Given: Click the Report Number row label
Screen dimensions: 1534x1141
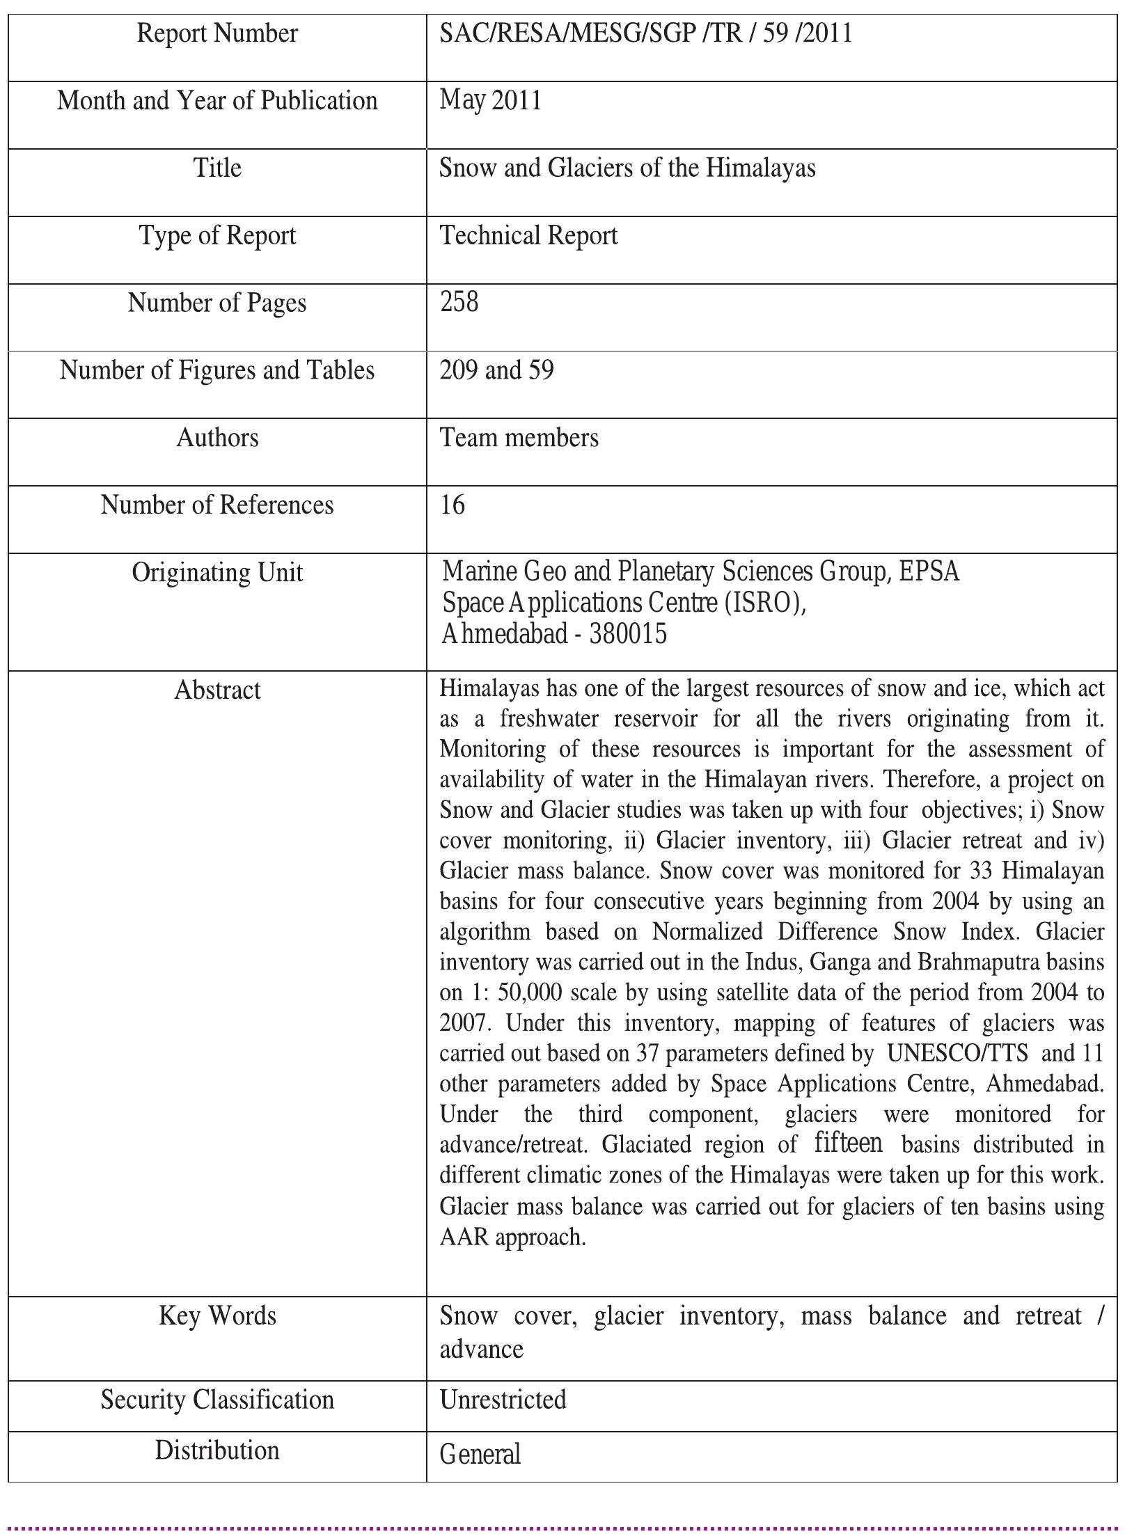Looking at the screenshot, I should pyautogui.click(x=217, y=33).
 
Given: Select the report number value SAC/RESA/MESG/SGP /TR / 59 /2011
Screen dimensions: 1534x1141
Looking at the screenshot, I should pyautogui.click(x=645, y=33).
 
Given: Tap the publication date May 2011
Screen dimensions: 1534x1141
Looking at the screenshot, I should pyautogui.click(x=491, y=101).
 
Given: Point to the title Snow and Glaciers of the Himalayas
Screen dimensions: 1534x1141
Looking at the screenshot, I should pyautogui.click(x=627, y=168).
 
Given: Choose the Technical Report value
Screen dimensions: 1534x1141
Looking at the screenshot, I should pyautogui.click(x=528, y=236).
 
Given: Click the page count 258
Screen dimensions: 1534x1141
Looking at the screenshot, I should pyautogui.click(x=459, y=302).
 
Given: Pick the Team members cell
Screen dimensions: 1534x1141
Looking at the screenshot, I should pyautogui.click(x=519, y=438).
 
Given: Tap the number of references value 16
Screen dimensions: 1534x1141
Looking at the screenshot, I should pyautogui.click(x=453, y=505).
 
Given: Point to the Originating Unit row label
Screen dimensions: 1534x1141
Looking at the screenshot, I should pyautogui.click(x=217, y=573).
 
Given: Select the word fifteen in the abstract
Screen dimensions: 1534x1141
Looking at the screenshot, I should pyautogui.click(x=848, y=1143).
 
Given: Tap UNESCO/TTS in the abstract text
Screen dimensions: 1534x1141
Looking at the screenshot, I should pyautogui.click(x=957, y=1053).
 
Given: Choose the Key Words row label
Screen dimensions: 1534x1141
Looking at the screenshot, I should pyautogui.click(x=217, y=1316).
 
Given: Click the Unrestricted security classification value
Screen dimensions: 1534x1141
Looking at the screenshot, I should pyautogui.click(x=503, y=1400).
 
